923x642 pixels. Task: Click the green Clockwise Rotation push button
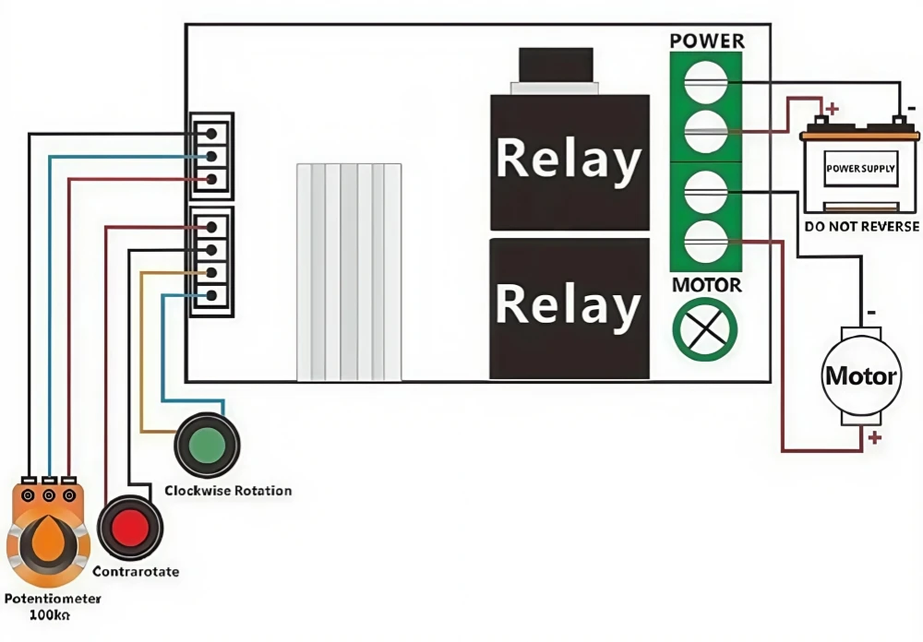207,445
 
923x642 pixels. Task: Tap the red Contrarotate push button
130,528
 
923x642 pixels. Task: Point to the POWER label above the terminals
707,41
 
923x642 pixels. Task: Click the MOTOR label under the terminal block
706,285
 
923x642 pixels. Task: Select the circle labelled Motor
859,375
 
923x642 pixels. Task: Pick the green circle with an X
705,329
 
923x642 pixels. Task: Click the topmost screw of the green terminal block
705,80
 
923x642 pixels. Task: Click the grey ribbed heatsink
349,272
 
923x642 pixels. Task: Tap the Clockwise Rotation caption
228,491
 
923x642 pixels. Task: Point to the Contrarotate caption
136,572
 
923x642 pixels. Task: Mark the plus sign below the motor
874,438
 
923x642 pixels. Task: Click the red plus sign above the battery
833,108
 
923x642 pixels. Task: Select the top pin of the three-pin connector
212,134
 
